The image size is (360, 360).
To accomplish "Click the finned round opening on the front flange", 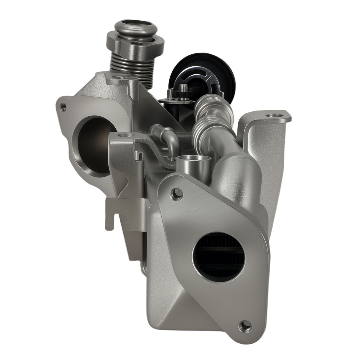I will (x=219, y=256).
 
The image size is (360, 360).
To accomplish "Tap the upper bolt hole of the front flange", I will (x=176, y=194).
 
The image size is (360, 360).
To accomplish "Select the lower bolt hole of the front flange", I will (x=245, y=326).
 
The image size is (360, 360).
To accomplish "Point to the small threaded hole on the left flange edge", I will (x=63, y=107).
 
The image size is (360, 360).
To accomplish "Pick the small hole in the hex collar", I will (x=137, y=43).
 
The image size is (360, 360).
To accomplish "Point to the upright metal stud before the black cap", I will (x=183, y=92).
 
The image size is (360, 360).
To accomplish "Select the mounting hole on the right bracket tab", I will (x=275, y=116).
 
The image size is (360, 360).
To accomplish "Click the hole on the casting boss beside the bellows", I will (x=118, y=77).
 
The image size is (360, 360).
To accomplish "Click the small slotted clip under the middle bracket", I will (x=138, y=155).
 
